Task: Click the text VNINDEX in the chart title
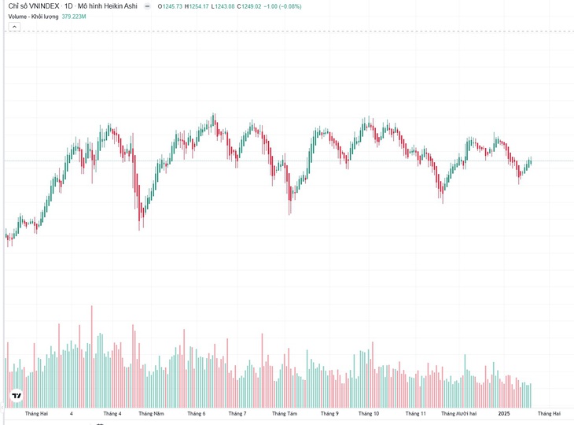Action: [43, 6]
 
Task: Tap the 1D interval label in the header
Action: [68, 6]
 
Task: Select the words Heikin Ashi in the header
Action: [121, 6]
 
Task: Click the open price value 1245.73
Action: [172, 6]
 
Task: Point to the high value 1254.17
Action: [199, 6]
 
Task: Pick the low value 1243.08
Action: [225, 6]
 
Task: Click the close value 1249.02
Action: [252, 6]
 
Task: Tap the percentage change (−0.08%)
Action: [290, 6]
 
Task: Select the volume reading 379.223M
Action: [74, 17]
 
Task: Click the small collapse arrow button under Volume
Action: [14, 27]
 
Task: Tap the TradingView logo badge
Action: [17, 396]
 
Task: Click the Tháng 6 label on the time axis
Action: [197, 414]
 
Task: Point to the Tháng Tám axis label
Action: [285, 414]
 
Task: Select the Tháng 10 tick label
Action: [369, 414]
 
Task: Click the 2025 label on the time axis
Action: [504, 414]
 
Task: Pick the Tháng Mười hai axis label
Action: [459, 414]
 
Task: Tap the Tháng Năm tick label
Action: [151, 414]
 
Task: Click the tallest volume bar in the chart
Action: [92, 357]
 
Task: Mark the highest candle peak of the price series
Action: [214, 113]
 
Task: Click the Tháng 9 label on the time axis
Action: [329, 414]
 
